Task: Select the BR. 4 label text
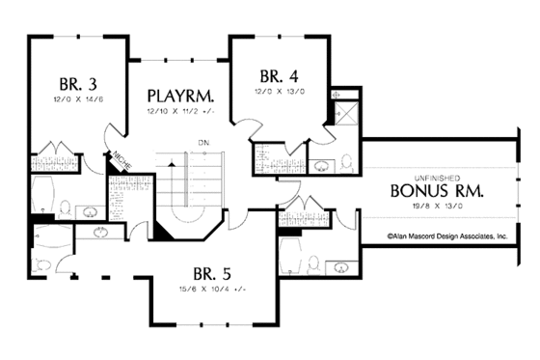coord(279,76)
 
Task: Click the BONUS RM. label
coord(436,190)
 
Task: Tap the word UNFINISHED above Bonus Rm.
coord(435,175)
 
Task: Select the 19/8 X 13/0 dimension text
coord(436,206)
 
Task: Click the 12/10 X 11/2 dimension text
coord(181,112)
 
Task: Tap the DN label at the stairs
coord(203,143)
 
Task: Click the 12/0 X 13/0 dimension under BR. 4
coord(280,92)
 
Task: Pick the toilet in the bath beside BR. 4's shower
coord(346,160)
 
